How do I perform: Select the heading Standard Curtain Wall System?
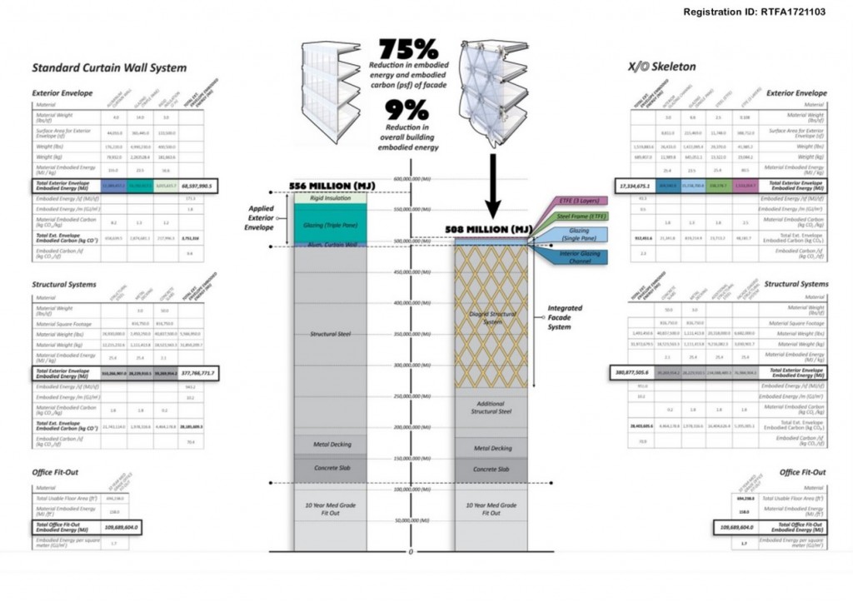(x=109, y=67)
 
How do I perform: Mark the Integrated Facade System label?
(x=564, y=317)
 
